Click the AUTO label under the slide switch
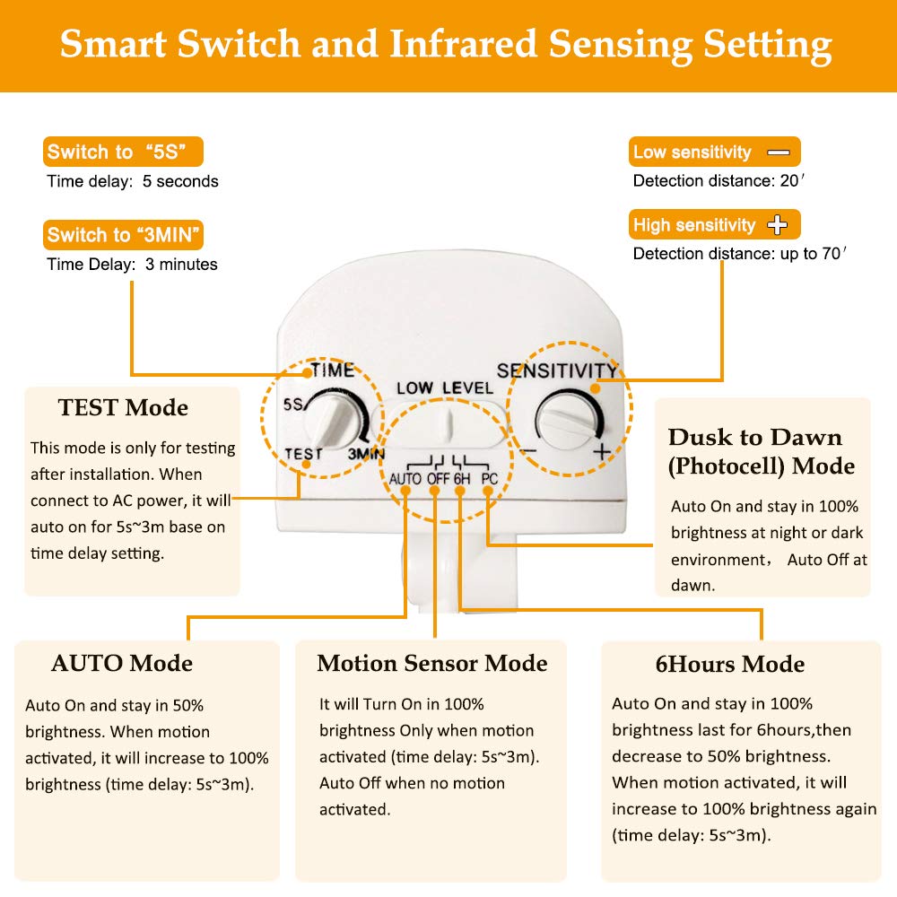click(x=405, y=479)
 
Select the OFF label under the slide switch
click(x=438, y=479)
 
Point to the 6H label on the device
click(x=462, y=479)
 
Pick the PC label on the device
click(x=489, y=479)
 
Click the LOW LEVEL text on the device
click(x=445, y=388)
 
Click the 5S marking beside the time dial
click(x=293, y=405)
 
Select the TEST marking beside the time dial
click(x=303, y=454)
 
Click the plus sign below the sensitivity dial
click(x=600, y=451)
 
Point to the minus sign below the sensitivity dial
click(x=528, y=451)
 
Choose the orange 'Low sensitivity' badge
click(x=714, y=152)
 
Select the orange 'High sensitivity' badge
click(x=714, y=224)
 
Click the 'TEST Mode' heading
click(x=123, y=407)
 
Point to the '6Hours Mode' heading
click(x=729, y=665)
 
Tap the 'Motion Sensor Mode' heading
click(x=431, y=664)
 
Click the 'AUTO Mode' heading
click(x=122, y=664)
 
